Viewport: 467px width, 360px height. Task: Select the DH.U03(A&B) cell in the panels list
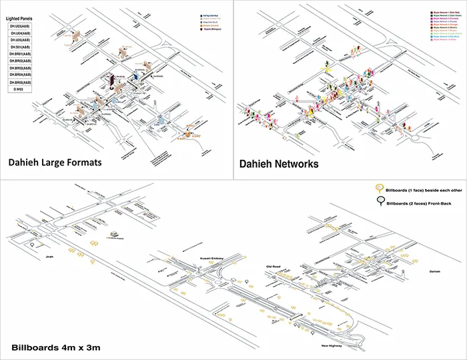pyautogui.click(x=21, y=25)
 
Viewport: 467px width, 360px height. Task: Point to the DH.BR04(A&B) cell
pyautogui.click(x=21, y=75)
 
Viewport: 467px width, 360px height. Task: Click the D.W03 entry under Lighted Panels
pyautogui.click(x=21, y=89)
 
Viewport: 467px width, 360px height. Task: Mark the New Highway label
pyautogui.click(x=332, y=346)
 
